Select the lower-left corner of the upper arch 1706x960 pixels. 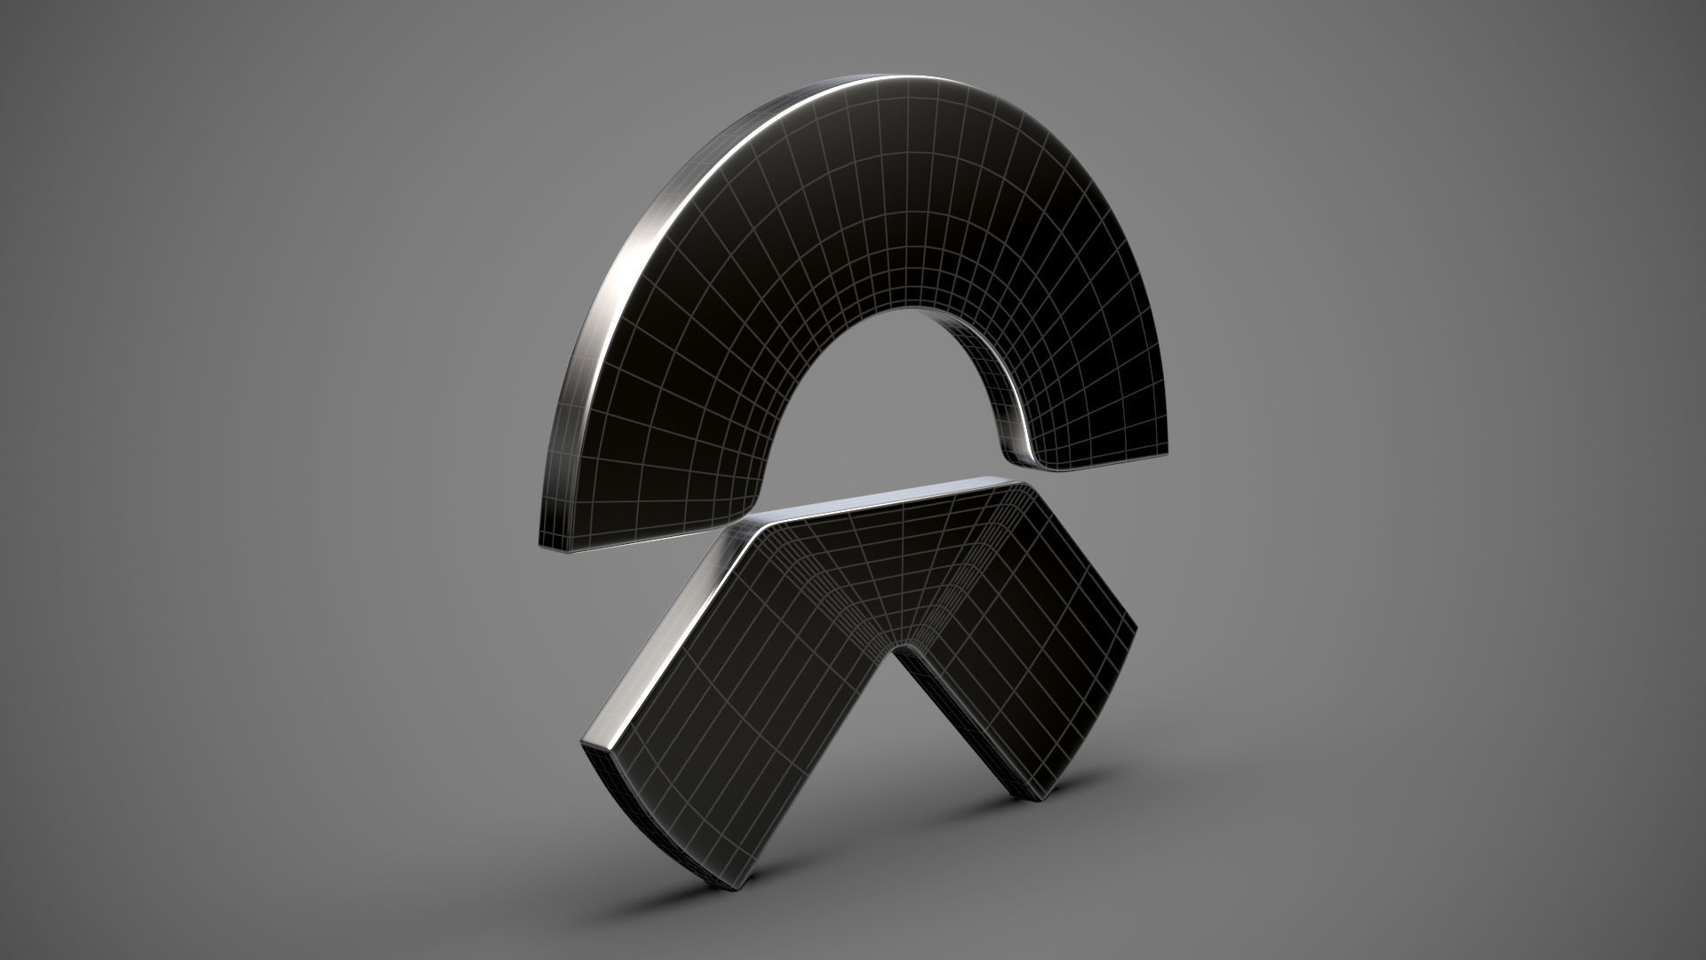pos(544,544)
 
